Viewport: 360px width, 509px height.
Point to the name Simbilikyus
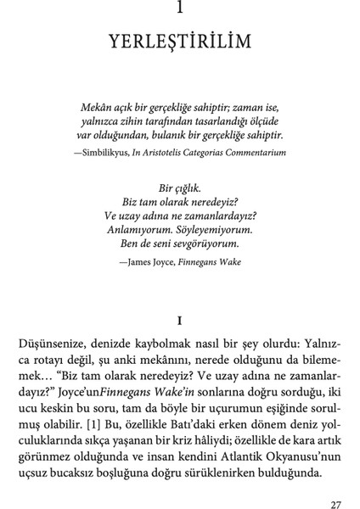106,153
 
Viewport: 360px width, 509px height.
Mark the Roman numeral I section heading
179,322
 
